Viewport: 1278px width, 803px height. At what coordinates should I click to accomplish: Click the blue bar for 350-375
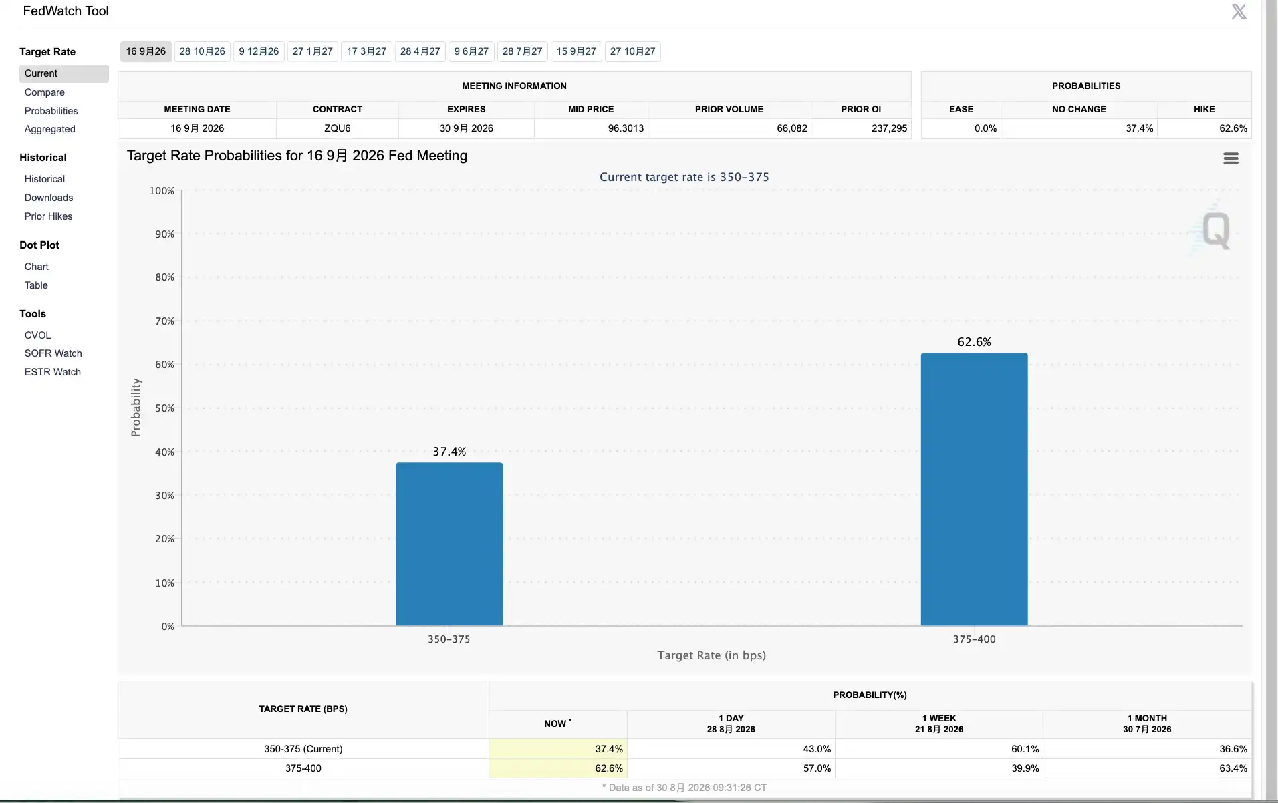(x=449, y=544)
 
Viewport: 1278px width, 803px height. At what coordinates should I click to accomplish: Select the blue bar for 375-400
(x=974, y=489)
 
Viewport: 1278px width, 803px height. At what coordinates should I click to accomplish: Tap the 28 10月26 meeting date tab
(x=203, y=51)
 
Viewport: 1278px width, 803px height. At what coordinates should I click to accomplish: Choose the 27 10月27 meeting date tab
(x=632, y=51)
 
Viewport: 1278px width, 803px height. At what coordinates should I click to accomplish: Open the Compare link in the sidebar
(x=45, y=92)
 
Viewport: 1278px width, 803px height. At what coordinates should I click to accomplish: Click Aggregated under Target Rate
(x=50, y=129)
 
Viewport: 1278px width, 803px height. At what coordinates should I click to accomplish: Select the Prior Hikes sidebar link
(x=49, y=216)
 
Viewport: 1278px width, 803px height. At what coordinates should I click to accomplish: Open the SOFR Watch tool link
(x=53, y=353)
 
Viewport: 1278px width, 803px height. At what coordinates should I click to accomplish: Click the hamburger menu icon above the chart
(x=1231, y=158)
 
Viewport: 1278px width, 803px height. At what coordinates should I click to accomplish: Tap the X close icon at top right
(x=1239, y=11)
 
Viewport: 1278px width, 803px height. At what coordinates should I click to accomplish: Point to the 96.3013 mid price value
(x=626, y=128)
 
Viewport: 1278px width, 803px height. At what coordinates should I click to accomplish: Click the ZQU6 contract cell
(x=338, y=128)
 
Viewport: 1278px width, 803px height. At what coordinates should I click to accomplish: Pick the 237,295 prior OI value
(x=889, y=128)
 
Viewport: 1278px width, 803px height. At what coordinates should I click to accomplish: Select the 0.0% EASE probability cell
(x=985, y=128)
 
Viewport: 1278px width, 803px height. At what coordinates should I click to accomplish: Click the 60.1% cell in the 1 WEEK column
(x=1025, y=749)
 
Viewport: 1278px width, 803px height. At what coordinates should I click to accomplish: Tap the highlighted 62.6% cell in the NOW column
(x=609, y=768)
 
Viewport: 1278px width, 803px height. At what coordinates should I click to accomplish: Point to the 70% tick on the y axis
(x=165, y=321)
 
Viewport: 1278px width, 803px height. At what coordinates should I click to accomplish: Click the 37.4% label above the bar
(x=449, y=452)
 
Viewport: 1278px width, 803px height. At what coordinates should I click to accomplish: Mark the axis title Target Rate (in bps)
(x=711, y=655)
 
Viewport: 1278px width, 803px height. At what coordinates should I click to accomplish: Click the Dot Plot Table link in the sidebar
(x=36, y=285)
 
